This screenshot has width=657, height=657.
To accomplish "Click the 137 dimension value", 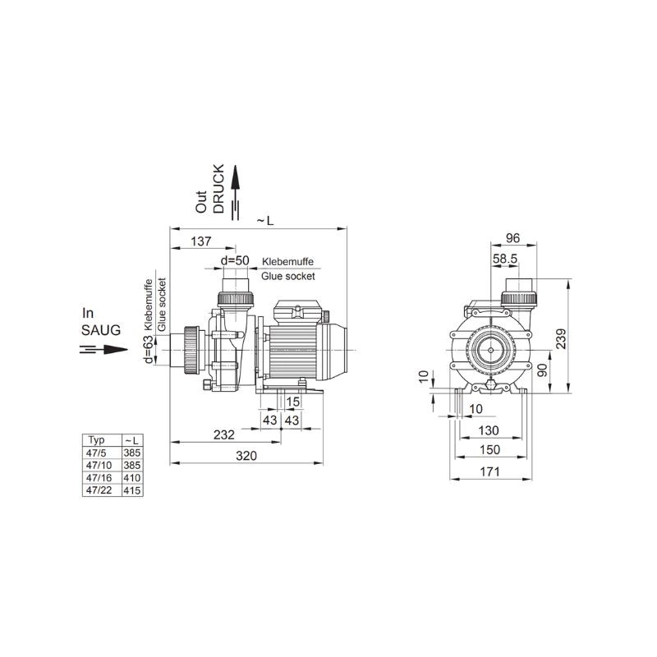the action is [x=201, y=241].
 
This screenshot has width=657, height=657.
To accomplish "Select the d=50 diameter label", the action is [x=235, y=260].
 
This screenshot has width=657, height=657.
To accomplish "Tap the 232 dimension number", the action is [x=224, y=435].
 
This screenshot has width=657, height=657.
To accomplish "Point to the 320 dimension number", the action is [x=246, y=456].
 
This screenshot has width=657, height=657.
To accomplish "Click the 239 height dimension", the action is [x=561, y=338].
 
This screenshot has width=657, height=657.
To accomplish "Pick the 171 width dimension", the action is [x=489, y=471].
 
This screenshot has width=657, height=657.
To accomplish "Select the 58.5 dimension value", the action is [x=505, y=259].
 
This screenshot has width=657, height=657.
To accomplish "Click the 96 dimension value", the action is [x=512, y=238].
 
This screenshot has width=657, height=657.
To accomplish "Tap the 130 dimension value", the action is [x=489, y=430].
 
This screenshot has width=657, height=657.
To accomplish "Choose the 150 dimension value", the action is [x=489, y=449].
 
